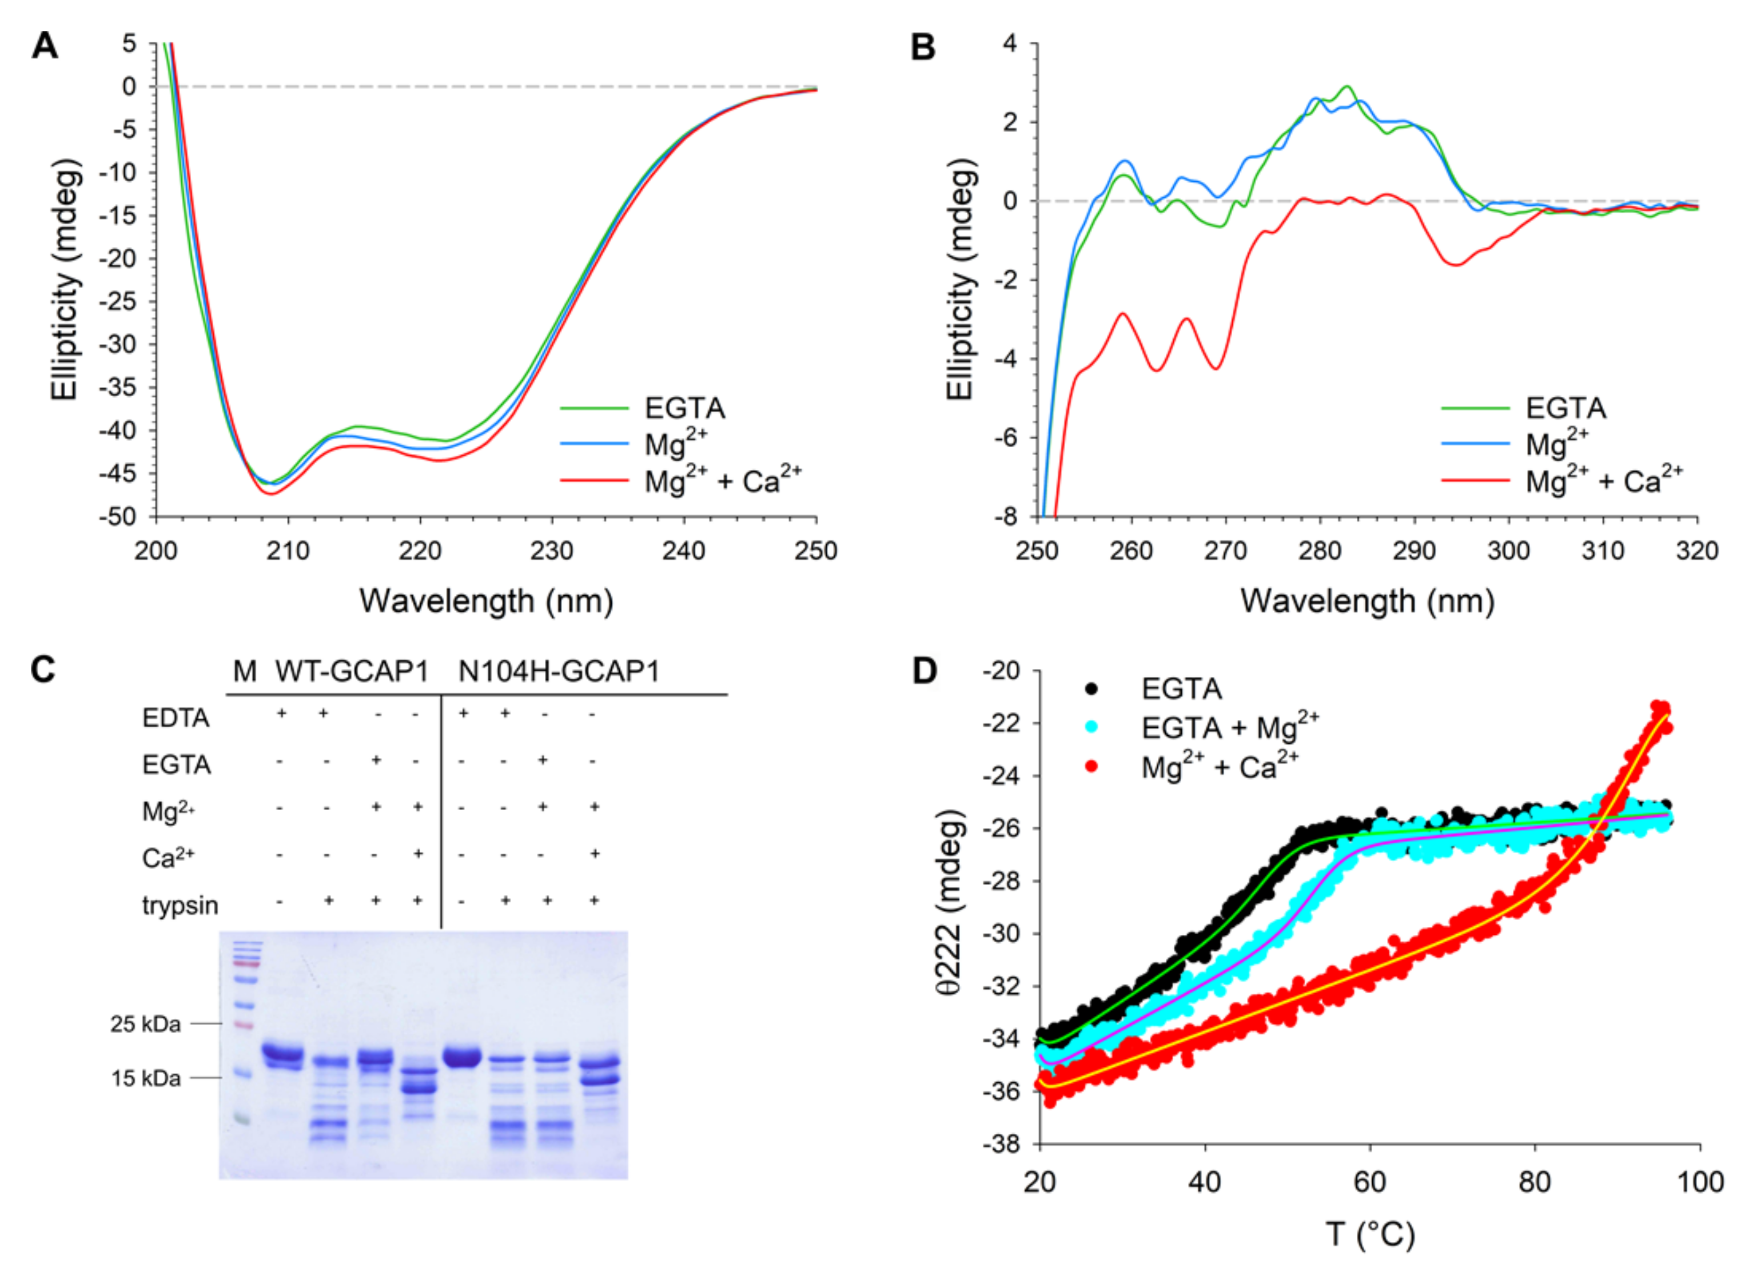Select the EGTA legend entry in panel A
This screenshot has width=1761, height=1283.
point(684,408)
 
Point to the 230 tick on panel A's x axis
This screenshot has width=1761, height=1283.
point(551,551)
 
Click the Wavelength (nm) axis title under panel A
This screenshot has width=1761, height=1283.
point(486,601)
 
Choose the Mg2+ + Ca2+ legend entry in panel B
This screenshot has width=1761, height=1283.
point(1603,481)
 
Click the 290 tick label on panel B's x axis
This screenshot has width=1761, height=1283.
point(1414,551)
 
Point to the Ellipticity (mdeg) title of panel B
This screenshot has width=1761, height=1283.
point(960,280)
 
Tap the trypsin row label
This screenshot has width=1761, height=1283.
point(180,906)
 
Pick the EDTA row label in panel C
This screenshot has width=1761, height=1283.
point(176,718)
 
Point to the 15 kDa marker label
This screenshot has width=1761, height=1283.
point(145,1078)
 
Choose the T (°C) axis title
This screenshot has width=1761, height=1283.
point(1370,1234)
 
